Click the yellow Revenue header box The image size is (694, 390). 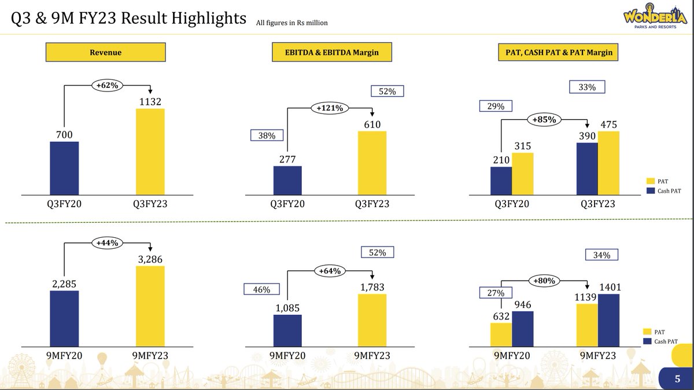(x=105, y=53)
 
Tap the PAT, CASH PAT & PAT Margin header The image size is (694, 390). (x=559, y=53)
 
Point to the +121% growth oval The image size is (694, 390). (x=329, y=108)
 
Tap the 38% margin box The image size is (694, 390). (x=267, y=135)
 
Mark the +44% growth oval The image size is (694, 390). (x=106, y=243)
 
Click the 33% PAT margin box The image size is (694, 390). (x=586, y=87)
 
